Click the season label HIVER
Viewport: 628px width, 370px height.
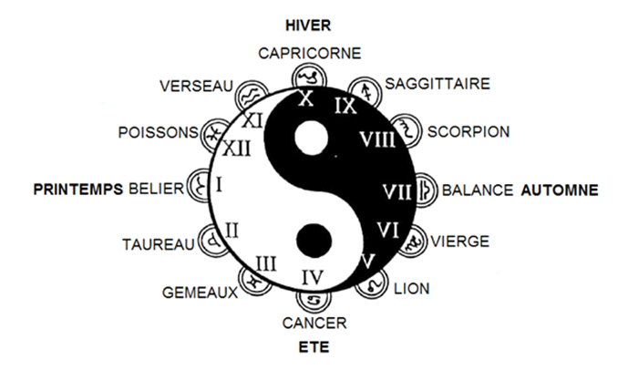tap(308, 26)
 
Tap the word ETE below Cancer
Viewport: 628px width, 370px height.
tap(314, 347)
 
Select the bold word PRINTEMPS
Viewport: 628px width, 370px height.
tap(78, 190)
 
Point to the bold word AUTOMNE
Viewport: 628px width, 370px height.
tap(560, 190)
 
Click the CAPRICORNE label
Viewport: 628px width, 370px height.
tap(310, 53)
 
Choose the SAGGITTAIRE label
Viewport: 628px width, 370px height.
tap(438, 84)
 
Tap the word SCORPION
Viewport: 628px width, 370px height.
tap(468, 132)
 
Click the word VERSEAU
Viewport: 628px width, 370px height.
tap(196, 86)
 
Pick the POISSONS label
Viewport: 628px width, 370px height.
tap(159, 132)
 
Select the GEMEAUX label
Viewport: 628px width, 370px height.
tap(200, 293)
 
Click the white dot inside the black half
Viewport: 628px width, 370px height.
tap(312, 138)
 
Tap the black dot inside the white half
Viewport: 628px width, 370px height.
tap(314, 242)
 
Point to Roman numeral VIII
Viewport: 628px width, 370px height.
tap(377, 139)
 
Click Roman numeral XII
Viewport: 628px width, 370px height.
tap(236, 149)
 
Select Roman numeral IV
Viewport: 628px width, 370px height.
tap(313, 277)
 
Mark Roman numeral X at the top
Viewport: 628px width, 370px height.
tap(306, 98)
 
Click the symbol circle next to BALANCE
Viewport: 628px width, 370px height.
tap(426, 190)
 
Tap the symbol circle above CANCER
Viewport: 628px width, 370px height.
tap(313, 298)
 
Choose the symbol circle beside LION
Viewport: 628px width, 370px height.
tap(372, 283)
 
